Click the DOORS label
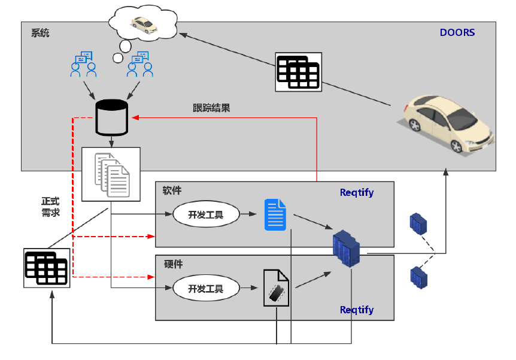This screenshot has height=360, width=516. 457,32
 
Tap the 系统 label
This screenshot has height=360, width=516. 40,32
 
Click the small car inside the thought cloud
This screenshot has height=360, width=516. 144,25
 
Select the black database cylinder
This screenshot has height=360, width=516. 111,117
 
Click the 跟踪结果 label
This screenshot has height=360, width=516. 211,108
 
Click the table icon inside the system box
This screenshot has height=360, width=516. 298,72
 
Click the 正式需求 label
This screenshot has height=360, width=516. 50,207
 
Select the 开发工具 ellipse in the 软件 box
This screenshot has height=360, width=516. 206,214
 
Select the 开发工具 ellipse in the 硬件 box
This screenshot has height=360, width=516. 206,289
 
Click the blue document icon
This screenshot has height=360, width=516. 275,214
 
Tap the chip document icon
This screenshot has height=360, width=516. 276,288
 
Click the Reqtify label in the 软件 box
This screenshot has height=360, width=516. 357,192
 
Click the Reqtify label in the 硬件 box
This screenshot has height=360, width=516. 357,310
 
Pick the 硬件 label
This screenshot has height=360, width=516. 173,264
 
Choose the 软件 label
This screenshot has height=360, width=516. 172,190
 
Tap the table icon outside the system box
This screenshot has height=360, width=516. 47,268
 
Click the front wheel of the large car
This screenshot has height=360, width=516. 456,146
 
